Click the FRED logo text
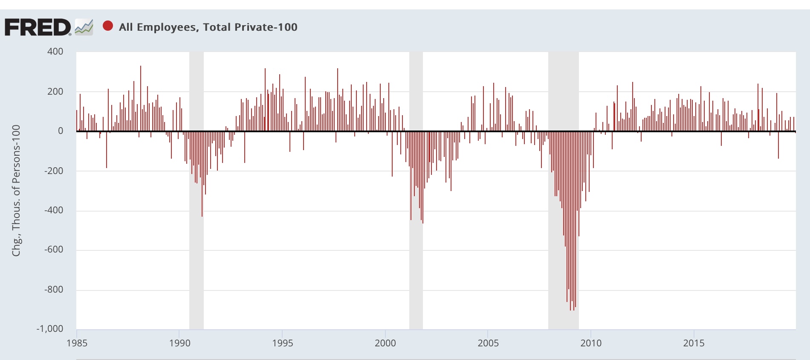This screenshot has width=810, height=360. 38,27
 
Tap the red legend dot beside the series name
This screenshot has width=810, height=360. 108,26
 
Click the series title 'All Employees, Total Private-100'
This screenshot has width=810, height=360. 208,27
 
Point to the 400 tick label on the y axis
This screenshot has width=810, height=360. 55,52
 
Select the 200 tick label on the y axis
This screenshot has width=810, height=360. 55,91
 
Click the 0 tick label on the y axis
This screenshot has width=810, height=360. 61,131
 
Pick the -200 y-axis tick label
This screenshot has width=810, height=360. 54,171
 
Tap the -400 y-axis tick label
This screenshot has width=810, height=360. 54,210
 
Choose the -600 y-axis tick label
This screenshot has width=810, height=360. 54,250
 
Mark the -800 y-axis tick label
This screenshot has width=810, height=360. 54,289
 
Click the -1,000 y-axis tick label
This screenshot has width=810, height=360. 50,329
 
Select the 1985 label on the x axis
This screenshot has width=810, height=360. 77,343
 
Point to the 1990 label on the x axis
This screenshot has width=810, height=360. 179,343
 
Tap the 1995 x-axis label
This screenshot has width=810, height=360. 282,343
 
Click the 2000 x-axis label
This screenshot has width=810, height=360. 385,343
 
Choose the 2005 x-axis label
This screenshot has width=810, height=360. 488,343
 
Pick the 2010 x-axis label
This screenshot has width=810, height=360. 591,343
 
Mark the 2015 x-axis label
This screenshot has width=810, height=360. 694,343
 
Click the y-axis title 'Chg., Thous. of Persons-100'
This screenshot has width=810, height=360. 16,190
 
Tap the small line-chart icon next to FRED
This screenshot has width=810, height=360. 84,27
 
